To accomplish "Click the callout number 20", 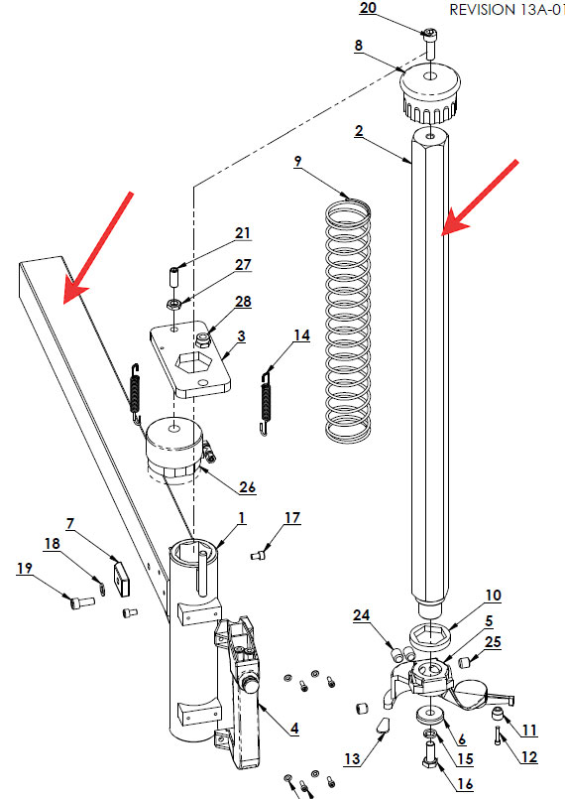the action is point(368,8).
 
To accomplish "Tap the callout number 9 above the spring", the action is point(297,162).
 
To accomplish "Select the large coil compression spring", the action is point(348,320).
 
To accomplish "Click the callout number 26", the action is point(248,486).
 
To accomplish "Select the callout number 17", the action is point(292,518).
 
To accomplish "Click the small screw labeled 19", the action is point(82,601).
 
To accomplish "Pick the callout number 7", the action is point(70,523).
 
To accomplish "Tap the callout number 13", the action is point(352,758).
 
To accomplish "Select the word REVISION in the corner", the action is point(482,10).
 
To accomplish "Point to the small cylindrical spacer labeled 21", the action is point(174,276).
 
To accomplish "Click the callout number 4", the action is point(294,729).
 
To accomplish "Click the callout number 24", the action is point(362,615).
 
